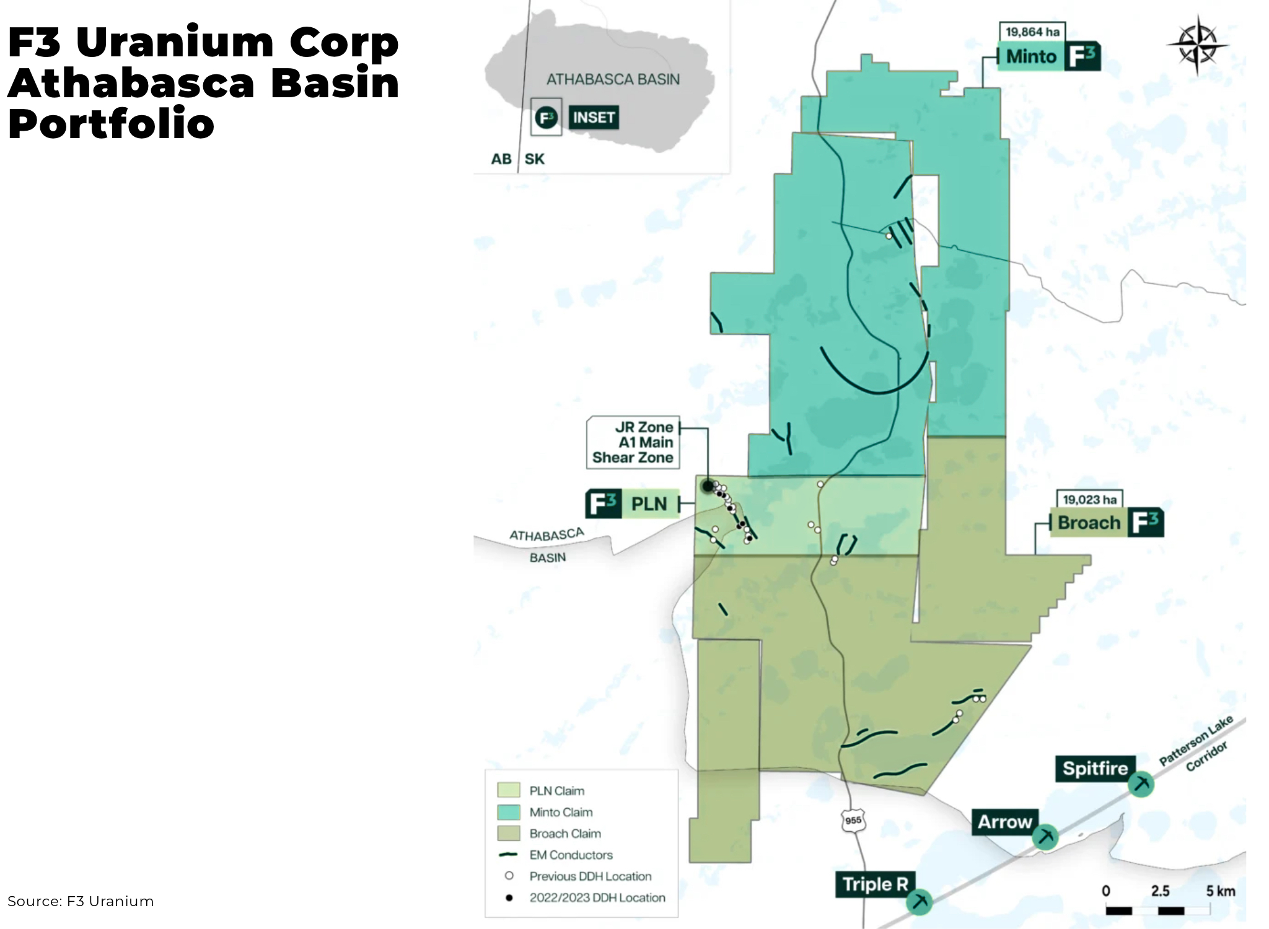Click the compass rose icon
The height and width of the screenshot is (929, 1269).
pyautogui.click(x=1197, y=45)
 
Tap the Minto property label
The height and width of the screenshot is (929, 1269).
pyautogui.click(x=1048, y=56)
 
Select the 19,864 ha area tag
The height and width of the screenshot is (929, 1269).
pyautogui.click(x=1032, y=32)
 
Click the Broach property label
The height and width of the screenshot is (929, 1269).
pyautogui.click(x=1107, y=523)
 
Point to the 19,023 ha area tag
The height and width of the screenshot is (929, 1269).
pyautogui.click(x=1089, y=499)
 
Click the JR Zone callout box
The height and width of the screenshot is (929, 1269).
pyautogui.click(x=633, y=442)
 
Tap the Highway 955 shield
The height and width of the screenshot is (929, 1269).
pyautogui.click(x=853, y=820)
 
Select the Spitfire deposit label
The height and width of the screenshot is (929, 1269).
pyautogui.click(x=1095, y=769)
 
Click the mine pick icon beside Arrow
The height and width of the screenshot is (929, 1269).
pyautogui.click(x=1045, y=837)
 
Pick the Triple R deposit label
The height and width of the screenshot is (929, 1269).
pyautogui.click(x=874, y=884)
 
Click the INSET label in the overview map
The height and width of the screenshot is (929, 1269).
pyautogui.click(x=594, y=117)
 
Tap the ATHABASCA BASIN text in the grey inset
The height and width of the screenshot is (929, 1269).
pyautogui.click(x=613, y=79)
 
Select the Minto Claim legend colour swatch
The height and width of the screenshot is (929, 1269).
pyautogui.click(x=509, y=812)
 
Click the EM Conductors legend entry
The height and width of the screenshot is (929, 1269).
pyautogui.click(x=571, y=855)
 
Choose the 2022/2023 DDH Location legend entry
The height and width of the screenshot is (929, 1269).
pyautogui.click(x=597, y=897)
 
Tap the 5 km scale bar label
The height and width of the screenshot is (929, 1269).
pyautogui.click(x=1220, y=891)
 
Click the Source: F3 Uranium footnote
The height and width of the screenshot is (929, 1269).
pyautogui.click(x=81, y=901)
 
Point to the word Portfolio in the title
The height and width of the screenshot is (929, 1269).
pyautogui.click(x=112, y=124)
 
